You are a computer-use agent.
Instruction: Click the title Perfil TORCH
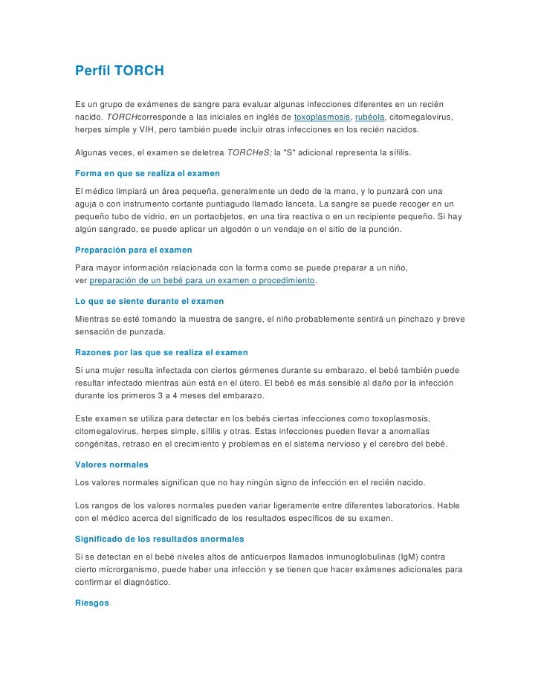point(120,72)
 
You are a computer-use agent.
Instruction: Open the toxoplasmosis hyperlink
point(323,117)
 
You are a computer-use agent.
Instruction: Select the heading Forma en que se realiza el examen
point(148,173)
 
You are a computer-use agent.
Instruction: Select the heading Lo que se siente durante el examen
point(149,301)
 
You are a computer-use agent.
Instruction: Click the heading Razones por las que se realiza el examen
point(162,351)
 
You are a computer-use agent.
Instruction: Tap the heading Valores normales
point(112,464)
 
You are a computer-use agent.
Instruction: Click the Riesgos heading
point(92,603)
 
